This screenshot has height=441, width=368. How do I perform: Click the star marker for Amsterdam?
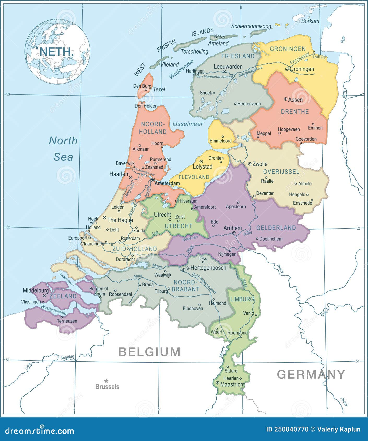point(153,180)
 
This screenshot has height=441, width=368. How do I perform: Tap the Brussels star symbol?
point(106,381)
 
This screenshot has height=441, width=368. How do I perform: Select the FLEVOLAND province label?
point(194,177)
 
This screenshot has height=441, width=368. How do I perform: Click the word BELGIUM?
point(149,352)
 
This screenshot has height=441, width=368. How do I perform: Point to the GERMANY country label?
point(311,374)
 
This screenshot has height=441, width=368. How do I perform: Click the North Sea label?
point(63,149)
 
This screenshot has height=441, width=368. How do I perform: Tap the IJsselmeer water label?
point(188,124)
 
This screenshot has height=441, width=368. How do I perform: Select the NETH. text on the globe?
point(56,51)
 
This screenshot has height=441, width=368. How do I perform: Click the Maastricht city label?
point(232,384)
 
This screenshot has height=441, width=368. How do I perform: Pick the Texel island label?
point(159,89)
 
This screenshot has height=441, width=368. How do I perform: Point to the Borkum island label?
point(310,21)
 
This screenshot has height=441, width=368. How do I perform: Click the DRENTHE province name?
point(295,112)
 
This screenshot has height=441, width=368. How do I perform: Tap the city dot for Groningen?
point(287,69)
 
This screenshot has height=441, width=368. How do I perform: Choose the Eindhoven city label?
point(193,308)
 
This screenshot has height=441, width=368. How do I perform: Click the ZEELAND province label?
point(63,296)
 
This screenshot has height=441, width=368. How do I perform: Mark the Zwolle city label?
point(260,164)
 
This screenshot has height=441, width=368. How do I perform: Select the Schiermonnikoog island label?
point(251,26)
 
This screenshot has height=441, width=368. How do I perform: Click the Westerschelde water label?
point(54,310)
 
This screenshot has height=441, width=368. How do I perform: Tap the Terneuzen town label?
point(67,321)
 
